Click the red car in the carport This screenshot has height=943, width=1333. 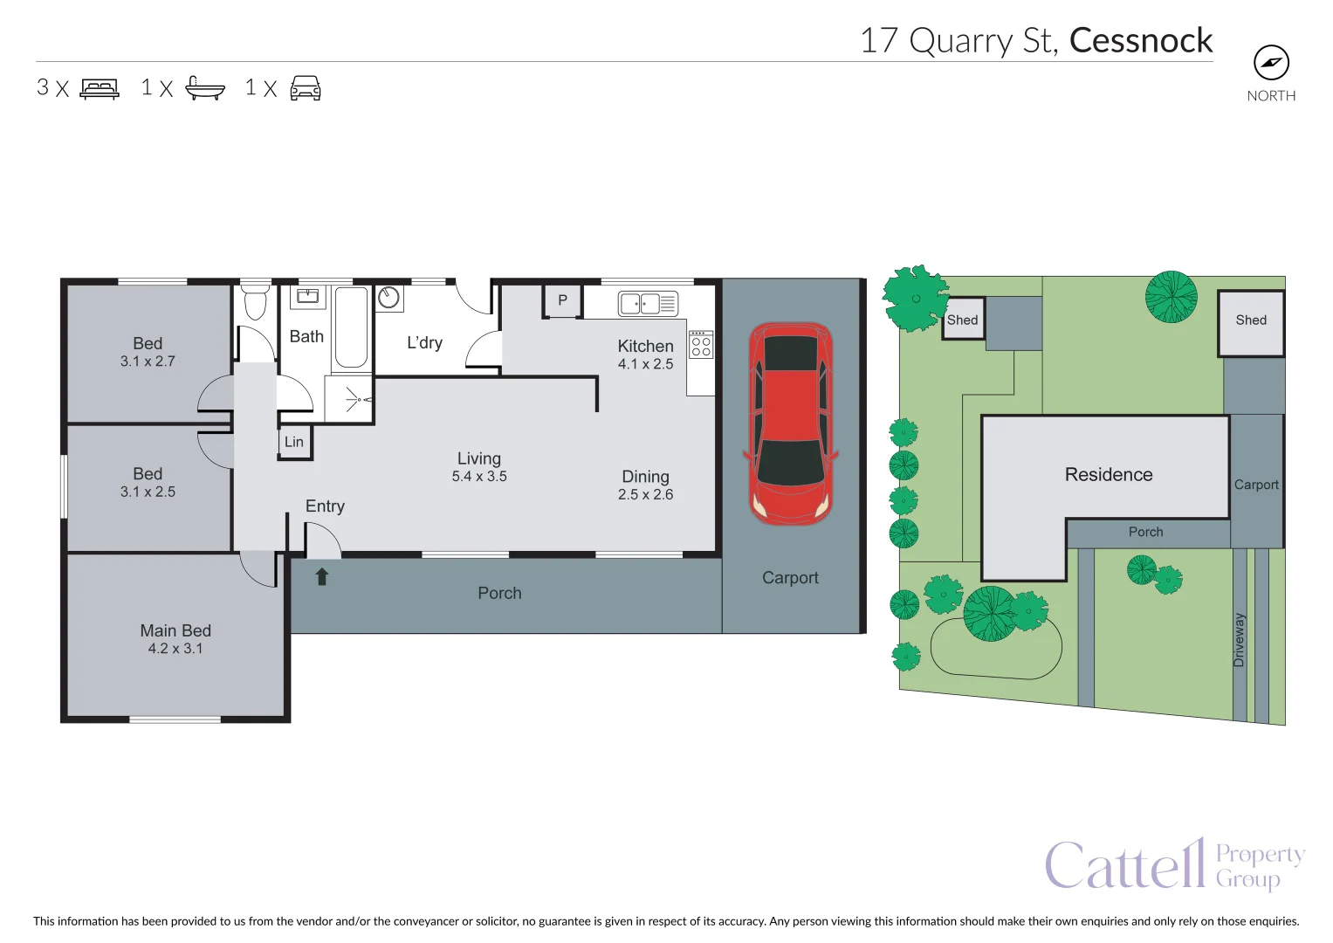click(791, 423)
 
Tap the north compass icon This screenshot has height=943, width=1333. click(1271, 63)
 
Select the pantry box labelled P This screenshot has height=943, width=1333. click(563, 300)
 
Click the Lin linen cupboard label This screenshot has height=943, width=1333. click(294, 442)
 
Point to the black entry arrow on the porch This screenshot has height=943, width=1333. click(321, 576)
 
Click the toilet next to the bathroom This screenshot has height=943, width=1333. click(256, 301)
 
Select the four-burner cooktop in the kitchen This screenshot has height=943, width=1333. click(701, 346)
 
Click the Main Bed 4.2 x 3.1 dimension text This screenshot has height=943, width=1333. click(175, 649)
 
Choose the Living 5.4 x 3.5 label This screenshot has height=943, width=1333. click(479, 466)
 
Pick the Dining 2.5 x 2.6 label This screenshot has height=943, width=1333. click(645, 485)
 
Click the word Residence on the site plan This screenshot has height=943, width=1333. click(1109, 474)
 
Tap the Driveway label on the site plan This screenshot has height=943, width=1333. click(1240, 640)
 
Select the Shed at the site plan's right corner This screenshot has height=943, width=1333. click(1251, 321)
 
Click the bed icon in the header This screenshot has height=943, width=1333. click(100, 88)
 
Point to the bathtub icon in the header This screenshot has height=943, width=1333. click(205, 88)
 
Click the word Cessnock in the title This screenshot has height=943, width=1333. click(1140, 40)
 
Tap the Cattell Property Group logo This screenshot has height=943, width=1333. click(1174, 864)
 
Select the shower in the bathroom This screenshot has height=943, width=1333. click(349, 400)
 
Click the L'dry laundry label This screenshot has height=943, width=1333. click(424, 343)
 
